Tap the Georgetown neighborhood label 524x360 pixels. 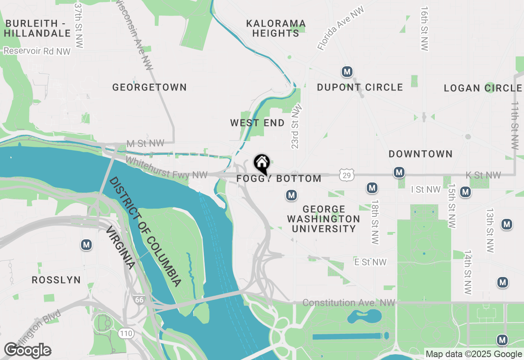pyautogui.click(x=149, y=87)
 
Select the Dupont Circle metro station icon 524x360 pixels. pyautogui.click(x=347, y=72)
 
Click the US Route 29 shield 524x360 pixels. pyautogui.click(x=346, y=175)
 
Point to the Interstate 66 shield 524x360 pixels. pyautogui.click(x=139, y=300)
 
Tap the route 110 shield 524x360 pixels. pyautogui.click(x=126, y=333)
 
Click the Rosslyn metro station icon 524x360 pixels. pyautogui.click(x=86, y=245)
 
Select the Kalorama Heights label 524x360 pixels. pyautogui.click(x=276, y=28)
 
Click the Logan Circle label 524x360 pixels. pyautogui.click(x=483, y=88)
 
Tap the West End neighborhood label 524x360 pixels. pyautogui.click(x=257, y=123)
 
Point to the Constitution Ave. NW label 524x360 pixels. pyautogui.click(x=349, y=303)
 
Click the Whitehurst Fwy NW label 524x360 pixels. pyautogui.click(x=166, y=168)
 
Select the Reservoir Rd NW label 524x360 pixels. pyautogui.click(x=37, y=51)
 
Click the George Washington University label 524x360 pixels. pyautogui.click(x=323, y=219)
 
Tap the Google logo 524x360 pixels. pyautogui.click(x=28, y=350)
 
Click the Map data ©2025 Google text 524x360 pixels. pyautogui.click(x=474, y=354)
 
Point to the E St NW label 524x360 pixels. pyautogui.click(x=370, y=262)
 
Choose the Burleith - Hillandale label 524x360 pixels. pyautogui.click(x=38, y=28)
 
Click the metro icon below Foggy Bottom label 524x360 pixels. pyautogui.click(x=291, y=196)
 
